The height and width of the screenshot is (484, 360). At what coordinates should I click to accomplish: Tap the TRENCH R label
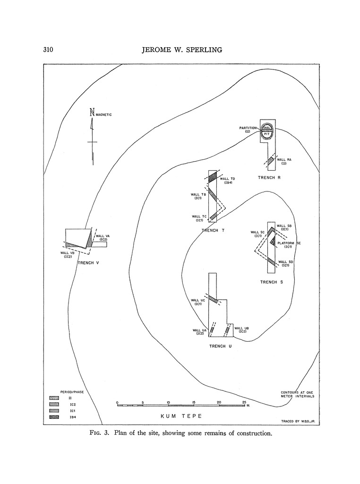click(x=269, y=178)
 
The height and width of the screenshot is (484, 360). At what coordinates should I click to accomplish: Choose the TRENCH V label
click(x=87, y=263)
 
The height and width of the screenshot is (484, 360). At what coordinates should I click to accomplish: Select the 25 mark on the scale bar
click(x=244, y=402)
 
